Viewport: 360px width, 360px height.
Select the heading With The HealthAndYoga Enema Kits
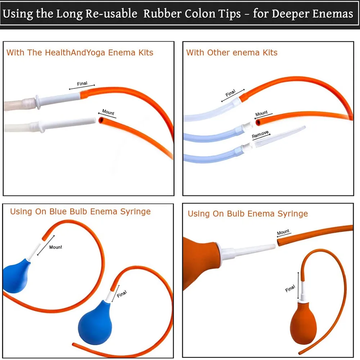point(80,53)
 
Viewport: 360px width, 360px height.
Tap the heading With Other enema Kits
point(231,53)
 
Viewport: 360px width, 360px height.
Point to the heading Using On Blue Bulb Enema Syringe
point(80,211)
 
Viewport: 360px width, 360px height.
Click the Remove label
point(260,134)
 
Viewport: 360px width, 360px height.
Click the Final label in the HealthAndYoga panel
point(82,84)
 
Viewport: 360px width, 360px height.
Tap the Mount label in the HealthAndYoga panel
point(108,112)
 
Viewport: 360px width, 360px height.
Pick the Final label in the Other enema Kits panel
point(230,93)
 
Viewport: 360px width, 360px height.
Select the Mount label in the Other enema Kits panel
point(261,113)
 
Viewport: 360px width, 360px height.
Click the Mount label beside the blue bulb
point(55,247)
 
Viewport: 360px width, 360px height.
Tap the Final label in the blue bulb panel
point(122,294)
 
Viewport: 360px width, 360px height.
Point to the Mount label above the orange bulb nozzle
point(283,232)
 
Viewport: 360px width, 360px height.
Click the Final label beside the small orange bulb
point(290,289)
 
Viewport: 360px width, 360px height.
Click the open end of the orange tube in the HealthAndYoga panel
point(101,120)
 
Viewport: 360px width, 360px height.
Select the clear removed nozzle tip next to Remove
point(280,137)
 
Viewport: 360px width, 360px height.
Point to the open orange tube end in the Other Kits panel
point(258,122)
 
